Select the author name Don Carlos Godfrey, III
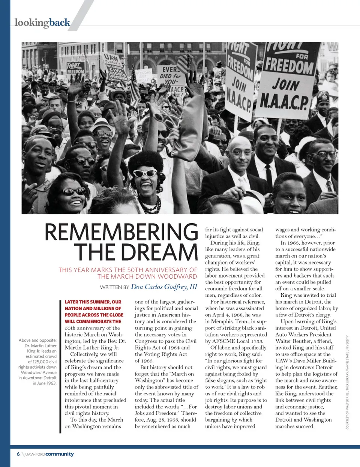point(164,287)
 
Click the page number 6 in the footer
point(18,454)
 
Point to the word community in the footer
point(60,454)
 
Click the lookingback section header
point(42,23)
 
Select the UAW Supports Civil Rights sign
point(115,68)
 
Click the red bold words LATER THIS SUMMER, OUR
point(93,302)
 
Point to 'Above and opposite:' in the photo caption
point(38,340)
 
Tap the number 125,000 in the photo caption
point(39,362)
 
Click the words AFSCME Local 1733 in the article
point(238,341)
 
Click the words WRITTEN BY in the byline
point(114,287)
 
